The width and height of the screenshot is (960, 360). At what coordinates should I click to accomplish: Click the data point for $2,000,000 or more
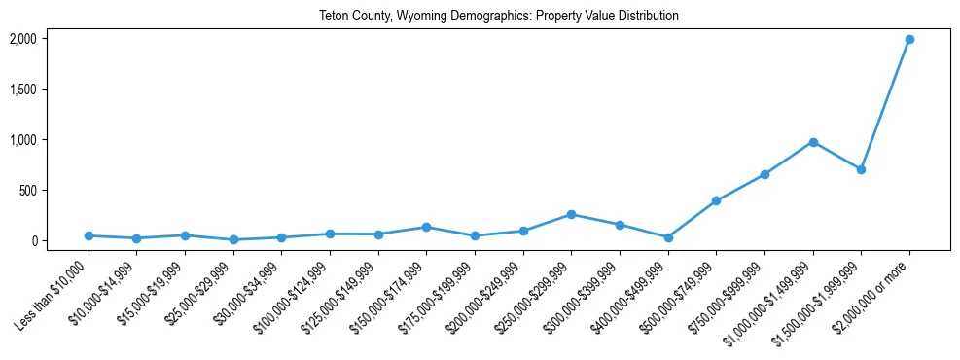click(x=909, y=39)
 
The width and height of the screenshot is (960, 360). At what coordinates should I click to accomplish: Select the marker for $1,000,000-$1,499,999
click(x=813, y=142)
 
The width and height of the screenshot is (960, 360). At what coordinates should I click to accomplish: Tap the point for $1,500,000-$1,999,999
click(x=861, y=169)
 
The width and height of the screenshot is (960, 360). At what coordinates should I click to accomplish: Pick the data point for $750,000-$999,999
click(x=764, y=174)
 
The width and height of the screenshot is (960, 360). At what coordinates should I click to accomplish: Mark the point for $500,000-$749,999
click(x=716, y=201)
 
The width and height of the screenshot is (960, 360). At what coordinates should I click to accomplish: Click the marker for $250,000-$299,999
click(x=571, y=214)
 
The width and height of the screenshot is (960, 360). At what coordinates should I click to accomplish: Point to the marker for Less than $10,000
click(x=89, y=235)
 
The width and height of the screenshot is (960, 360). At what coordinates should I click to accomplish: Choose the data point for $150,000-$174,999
click(x=426, y=227)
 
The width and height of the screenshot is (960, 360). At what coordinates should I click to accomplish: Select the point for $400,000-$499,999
click(x=668, y=237)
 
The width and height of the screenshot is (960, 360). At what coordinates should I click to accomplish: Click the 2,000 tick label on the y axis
click(x=22, y=39)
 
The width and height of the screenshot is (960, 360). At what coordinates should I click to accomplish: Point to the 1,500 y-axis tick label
click(x=22, y=90)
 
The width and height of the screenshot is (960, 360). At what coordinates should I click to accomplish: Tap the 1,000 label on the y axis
click(x=22, y=140)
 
